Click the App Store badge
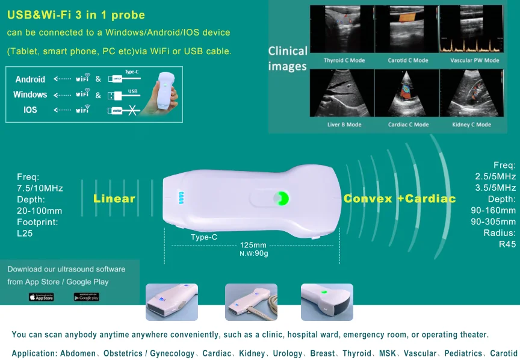point(41,297)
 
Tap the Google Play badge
point(86,297)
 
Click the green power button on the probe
point(281,198)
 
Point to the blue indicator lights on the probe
point(179,198)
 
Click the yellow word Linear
point(114,199)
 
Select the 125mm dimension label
point(253,245)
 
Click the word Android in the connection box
point(30,79)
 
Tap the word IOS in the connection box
point(30,110)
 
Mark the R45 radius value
point(507,244)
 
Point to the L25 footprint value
point(25,233)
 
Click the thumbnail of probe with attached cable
point(251,302)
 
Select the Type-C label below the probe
point(204,237)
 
